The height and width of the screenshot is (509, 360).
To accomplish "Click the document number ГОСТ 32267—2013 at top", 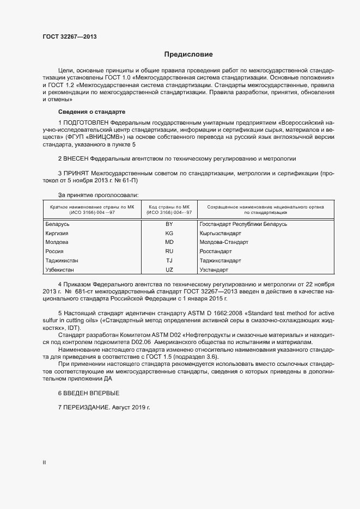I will tap(69, 36).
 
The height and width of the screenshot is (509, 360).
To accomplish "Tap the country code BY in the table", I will tap(169, 224).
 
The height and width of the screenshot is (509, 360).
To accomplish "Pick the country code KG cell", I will tap(169, 234).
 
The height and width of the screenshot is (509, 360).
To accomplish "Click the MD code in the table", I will tap(169, 242).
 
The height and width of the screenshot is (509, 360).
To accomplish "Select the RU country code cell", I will tap(169, 252).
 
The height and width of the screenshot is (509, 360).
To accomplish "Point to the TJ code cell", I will tap(169, 261).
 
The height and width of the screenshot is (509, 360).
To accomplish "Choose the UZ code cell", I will tap(169, 270).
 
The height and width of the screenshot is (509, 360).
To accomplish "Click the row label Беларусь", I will tap(58, 224).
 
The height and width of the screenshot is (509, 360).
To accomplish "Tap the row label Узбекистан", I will tap(60, 270).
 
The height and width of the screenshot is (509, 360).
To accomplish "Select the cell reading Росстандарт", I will tap(216, 252).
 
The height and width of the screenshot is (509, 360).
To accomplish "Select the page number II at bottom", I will tap(44, 463).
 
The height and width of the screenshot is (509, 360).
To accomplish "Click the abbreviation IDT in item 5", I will tap(75, 329).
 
